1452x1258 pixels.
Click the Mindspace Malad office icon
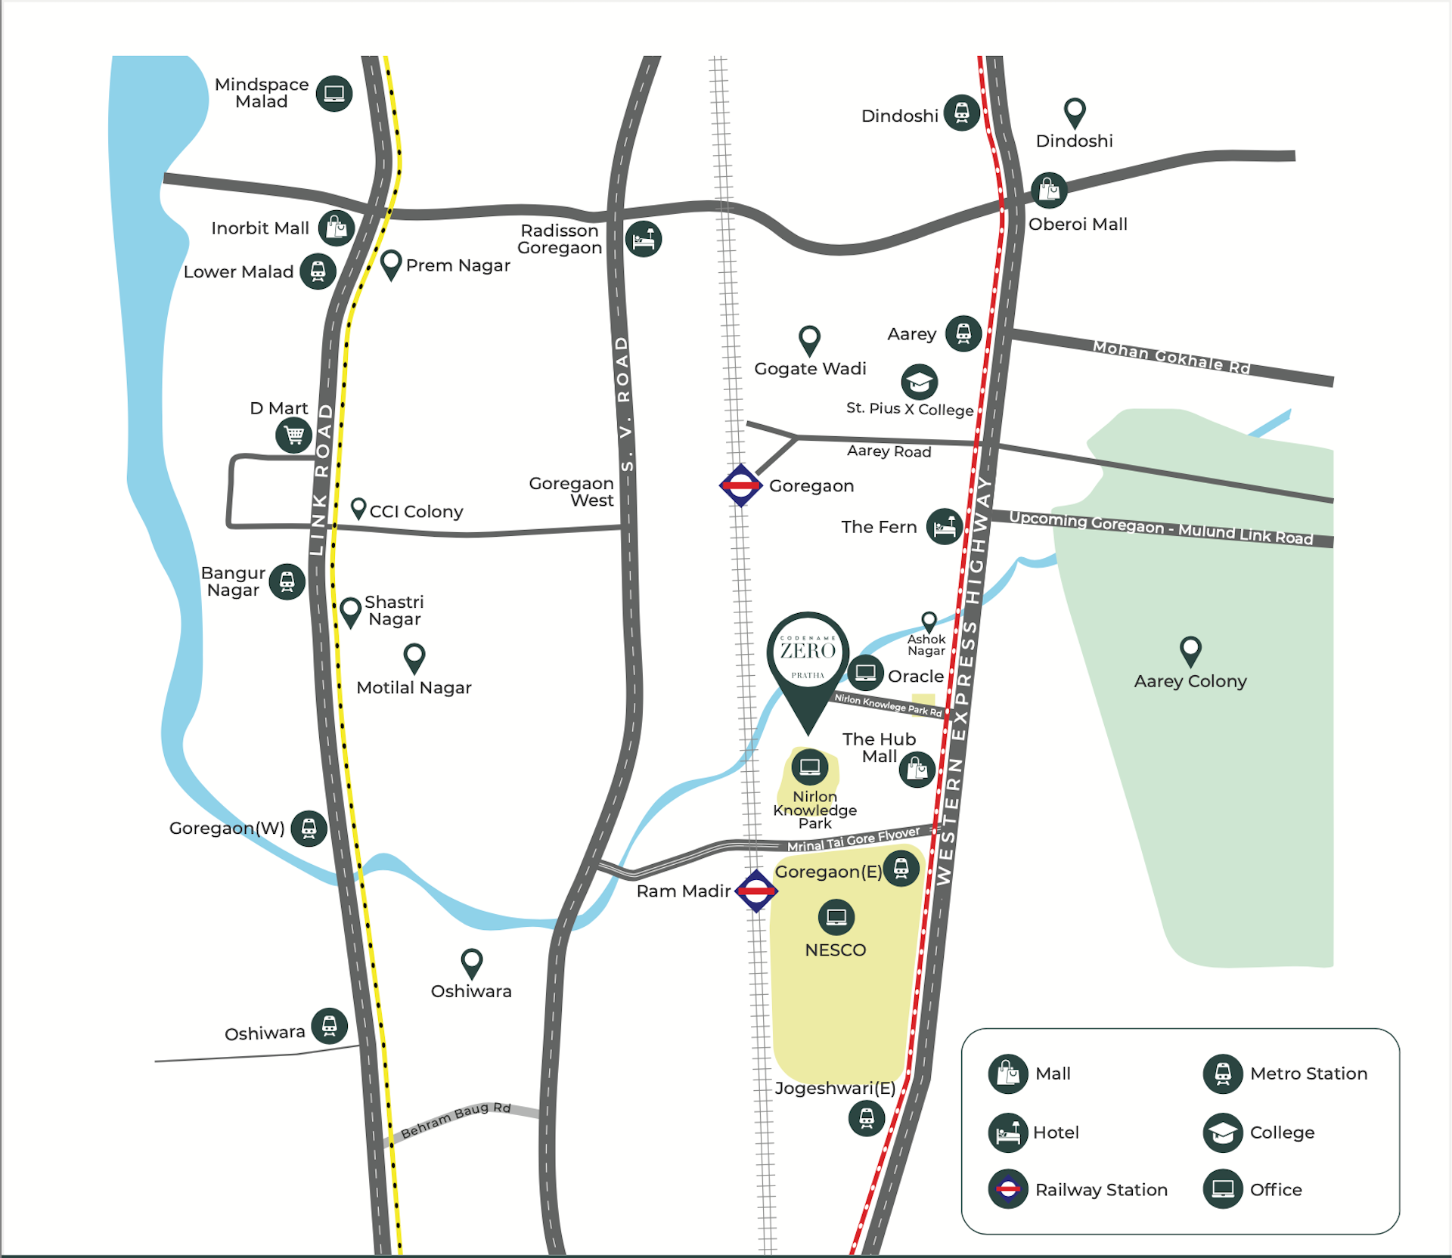[334, 94]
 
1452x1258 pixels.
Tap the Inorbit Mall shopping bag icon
[337, 228]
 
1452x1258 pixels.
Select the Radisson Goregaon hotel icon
[644, 239]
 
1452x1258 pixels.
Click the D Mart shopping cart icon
[293, 435]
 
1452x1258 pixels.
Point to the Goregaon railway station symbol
[740, 485]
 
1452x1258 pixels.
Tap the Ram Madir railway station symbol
[756, 891]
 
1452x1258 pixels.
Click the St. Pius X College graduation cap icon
[920, 383]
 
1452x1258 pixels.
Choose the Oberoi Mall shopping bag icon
[1049, 190]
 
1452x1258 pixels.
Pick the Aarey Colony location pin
[1190, 650]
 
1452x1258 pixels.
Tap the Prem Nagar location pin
[391, 264]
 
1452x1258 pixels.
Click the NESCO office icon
[836, 917]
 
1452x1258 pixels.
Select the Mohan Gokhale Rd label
[1171, 357]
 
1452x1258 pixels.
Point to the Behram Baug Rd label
[456, 1120]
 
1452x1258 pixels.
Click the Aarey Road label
[889, 451]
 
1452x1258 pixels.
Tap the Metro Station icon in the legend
[1223, 1074]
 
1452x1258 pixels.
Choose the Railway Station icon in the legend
[1007, 1189]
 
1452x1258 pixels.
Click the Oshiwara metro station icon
[330, 1026]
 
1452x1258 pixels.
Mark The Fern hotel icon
[945, 526]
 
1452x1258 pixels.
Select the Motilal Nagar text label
[414, 688]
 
